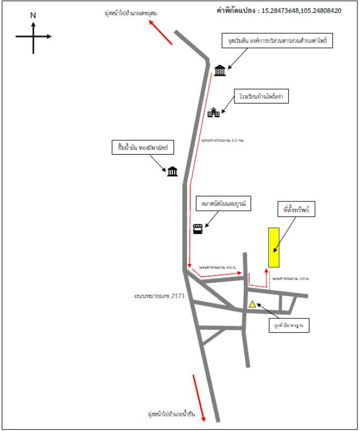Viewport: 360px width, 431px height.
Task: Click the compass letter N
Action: (33, 16)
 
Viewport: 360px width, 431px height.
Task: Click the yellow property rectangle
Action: (273, 247)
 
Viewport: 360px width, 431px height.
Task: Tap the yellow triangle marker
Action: (252, 304)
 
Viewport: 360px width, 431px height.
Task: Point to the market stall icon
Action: (198, 228)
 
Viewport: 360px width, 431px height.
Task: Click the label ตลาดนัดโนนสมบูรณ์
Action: (224, 205)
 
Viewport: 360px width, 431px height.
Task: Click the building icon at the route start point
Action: (219, 71)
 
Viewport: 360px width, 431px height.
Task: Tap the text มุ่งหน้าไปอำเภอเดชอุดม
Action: (130, 12)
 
